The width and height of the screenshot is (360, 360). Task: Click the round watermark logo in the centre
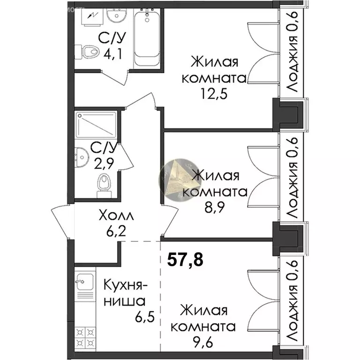pyautogui.click(x=178, y=180)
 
